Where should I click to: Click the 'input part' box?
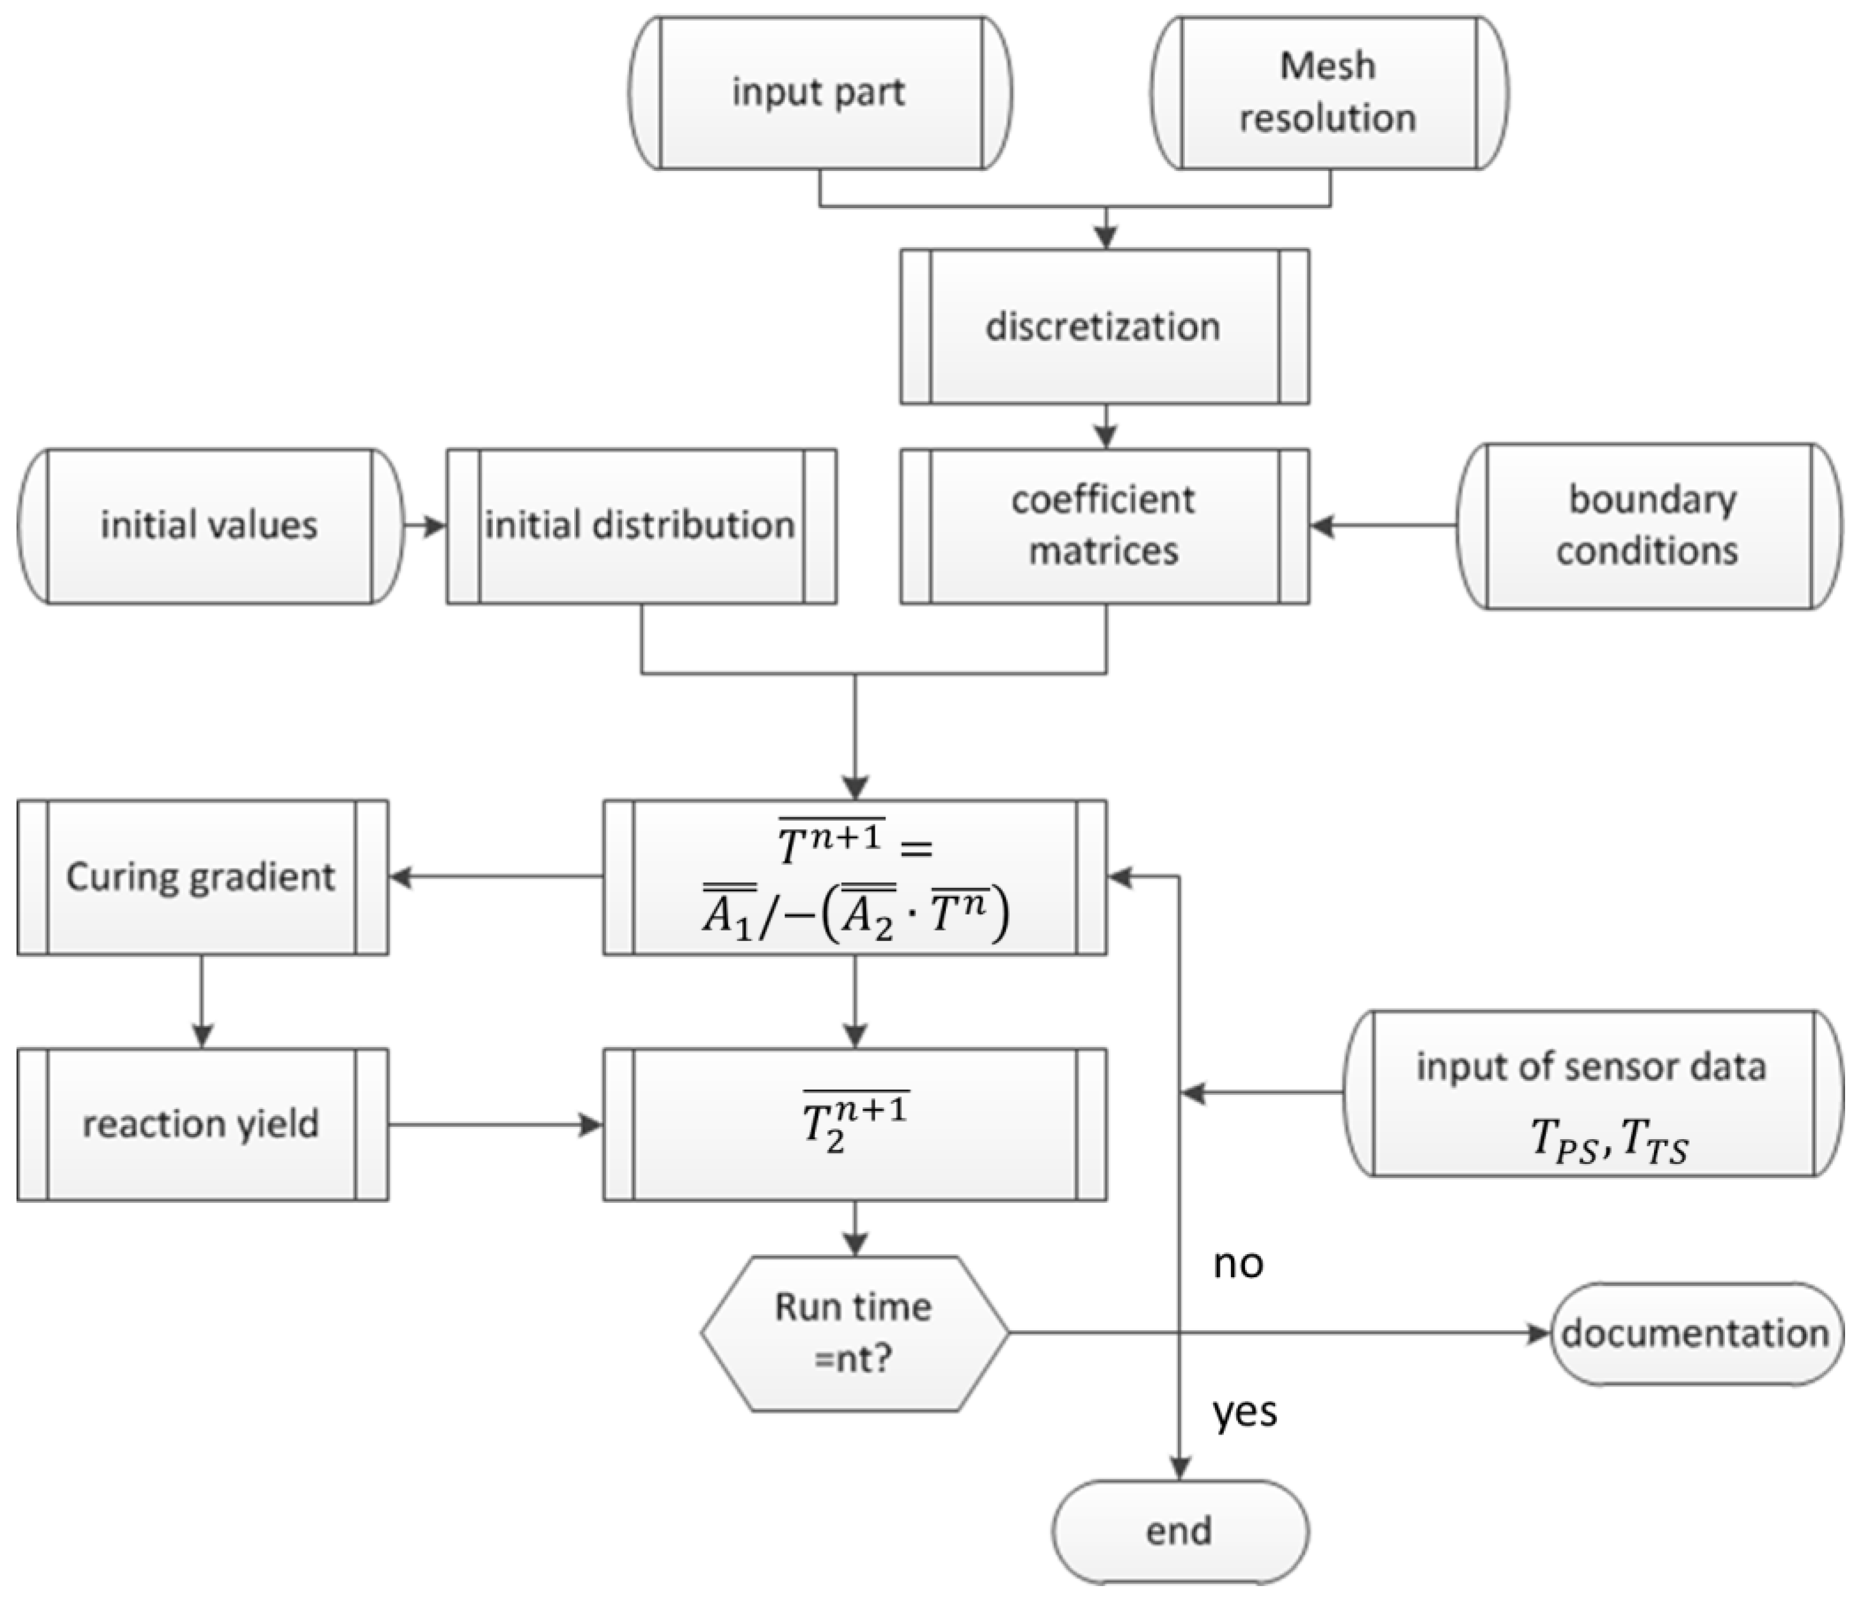[x=820, y=93]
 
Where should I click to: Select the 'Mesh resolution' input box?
[x=1329, y=93]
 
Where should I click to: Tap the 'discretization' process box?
[x=1105, y=326]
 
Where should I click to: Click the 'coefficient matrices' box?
[x=1105, y=525]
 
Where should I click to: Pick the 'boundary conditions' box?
[x=1648, y=525]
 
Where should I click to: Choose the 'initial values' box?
[x=209, y=525]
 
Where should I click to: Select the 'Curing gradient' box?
[x=202, y=877]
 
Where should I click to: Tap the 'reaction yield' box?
[x=202, y=1124]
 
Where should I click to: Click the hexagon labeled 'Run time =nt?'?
[x=854, y=1333]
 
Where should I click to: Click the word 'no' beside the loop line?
[x=1239, y=1264]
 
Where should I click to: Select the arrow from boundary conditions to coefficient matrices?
[x=1383, y=525]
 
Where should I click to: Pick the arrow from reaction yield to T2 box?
[x=494, y=1124]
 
